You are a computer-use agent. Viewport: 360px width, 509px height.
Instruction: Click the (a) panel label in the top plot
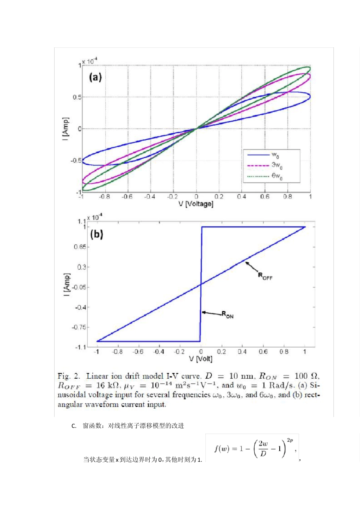pyautogui.click(x=95, y=77)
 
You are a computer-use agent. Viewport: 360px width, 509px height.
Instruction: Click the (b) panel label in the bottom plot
pyautogui.click(x=97, y=234)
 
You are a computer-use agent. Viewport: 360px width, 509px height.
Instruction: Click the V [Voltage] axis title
pyautogui.click(x=196, y=204)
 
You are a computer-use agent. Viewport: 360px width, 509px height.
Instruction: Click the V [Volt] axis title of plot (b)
pyautogui.click(x=201, y=359)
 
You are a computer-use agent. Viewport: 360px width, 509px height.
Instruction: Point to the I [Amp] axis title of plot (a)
pyautogui.click(x=66, y=129)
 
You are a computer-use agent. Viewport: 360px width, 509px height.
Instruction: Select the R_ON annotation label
pyautogui.click(x=228, y=315)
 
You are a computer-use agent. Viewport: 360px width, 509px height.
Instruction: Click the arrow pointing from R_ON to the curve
pyautogui.click(x=211, y=313)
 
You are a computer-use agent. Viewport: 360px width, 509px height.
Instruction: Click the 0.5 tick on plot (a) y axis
pyautogui.click(x=77, y=97)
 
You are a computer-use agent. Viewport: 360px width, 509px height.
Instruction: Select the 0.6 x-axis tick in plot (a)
pyautogui.click(x=265, y=197)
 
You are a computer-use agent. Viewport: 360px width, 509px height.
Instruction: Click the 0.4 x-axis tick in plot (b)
pyautogui.click(x=242, y=352)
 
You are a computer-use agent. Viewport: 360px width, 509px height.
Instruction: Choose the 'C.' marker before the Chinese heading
pyautogui.click(x=74, y=426)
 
